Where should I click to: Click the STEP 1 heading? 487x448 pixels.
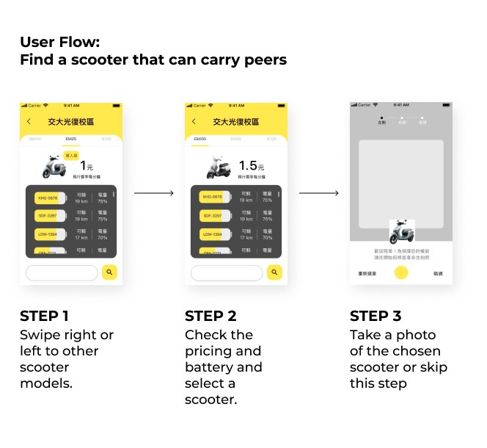click(44, 317)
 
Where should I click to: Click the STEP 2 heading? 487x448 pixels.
click(210, 317)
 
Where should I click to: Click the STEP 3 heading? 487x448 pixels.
click(376, 317)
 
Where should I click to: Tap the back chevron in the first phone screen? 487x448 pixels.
click(29, 121)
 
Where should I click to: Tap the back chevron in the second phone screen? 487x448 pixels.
click(194, 121)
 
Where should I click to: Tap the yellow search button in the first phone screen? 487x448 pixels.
click(109, 272)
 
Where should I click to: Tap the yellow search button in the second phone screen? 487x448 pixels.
click(274, 272)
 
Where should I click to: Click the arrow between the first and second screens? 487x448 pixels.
click(154, 193)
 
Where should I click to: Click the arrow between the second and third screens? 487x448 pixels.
click(319, 193)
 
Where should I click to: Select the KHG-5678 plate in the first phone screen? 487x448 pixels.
click(47, 197)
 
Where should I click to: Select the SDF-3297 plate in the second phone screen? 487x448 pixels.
click(212, 216)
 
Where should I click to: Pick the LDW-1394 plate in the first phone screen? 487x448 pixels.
click(47, 234)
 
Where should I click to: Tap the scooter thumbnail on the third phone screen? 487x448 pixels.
click(401, 233)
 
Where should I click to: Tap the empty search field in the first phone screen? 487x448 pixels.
click(62, 272)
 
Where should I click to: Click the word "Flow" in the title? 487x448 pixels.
click(80, 41)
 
